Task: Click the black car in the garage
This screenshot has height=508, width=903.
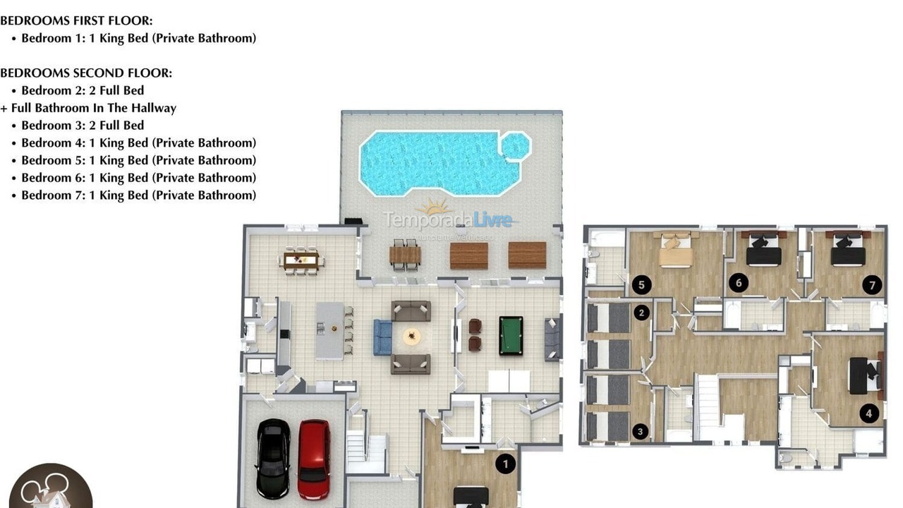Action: (272, 458)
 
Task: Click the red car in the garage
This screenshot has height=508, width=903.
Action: (313, 459)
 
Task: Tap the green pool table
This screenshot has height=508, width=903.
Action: (511, 335)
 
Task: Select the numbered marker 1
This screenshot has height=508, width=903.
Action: (505, 464)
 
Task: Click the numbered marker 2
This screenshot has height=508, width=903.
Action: (641, 312)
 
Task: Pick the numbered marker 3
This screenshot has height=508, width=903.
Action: (641, 431)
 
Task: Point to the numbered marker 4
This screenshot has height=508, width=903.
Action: (869, 413)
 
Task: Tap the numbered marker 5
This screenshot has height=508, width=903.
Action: (641, 284)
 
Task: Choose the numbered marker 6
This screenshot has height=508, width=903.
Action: (738, 283)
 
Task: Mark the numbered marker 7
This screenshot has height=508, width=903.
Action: (872, 285)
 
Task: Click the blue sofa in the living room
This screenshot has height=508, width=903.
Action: (382, 337)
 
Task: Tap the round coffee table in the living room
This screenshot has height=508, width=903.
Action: (411, 337)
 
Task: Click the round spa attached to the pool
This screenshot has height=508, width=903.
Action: (514, 146)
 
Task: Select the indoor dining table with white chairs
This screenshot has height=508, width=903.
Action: (301, 260)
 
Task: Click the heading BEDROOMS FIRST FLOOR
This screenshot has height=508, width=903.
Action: (76, 20)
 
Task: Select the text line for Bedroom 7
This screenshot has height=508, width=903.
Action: (138, 195)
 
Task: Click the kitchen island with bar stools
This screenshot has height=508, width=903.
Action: (329, 330)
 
